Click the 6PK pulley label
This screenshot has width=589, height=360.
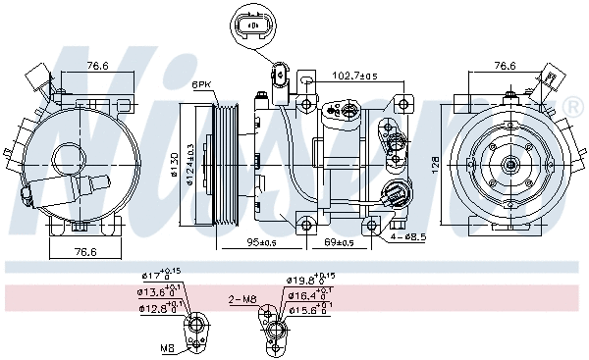click(202, 84)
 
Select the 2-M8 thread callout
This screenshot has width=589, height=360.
click(241, 298)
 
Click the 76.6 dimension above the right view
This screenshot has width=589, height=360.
click(504, 66)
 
